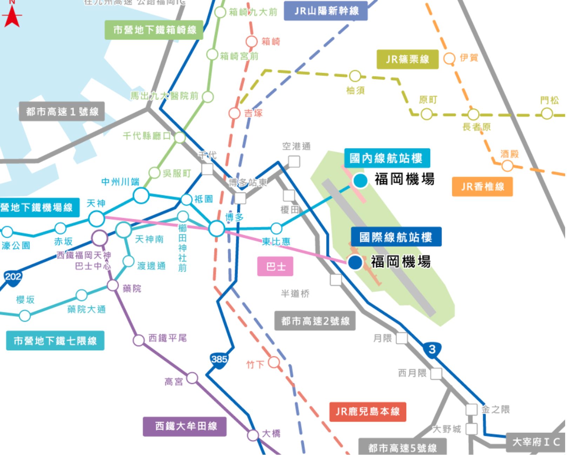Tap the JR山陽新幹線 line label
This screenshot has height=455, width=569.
326,11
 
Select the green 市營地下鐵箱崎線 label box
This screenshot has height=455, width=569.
154,30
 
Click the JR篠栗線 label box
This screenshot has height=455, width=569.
407,59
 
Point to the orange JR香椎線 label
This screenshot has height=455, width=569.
482,186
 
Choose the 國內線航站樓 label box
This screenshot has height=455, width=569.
386,158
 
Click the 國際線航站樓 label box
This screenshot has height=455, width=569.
396,237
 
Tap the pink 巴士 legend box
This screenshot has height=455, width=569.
275,267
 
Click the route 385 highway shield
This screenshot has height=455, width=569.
219,360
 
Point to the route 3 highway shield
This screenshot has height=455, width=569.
432,349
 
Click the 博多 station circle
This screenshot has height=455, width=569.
217,229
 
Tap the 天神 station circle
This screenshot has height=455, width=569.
96,219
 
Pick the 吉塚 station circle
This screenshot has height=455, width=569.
234,114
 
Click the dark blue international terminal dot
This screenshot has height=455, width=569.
355,262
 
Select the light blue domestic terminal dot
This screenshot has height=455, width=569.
360,181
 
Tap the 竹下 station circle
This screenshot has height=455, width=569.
274,362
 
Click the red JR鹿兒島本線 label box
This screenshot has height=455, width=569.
368,412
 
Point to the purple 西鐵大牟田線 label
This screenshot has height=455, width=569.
185,426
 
